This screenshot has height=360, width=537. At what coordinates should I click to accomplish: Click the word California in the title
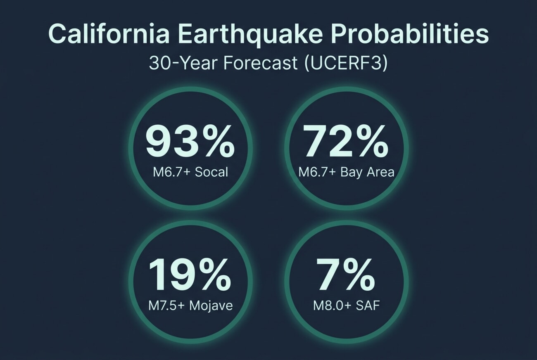point(109,34)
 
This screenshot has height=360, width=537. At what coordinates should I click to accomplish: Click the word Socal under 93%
point(211,172)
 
